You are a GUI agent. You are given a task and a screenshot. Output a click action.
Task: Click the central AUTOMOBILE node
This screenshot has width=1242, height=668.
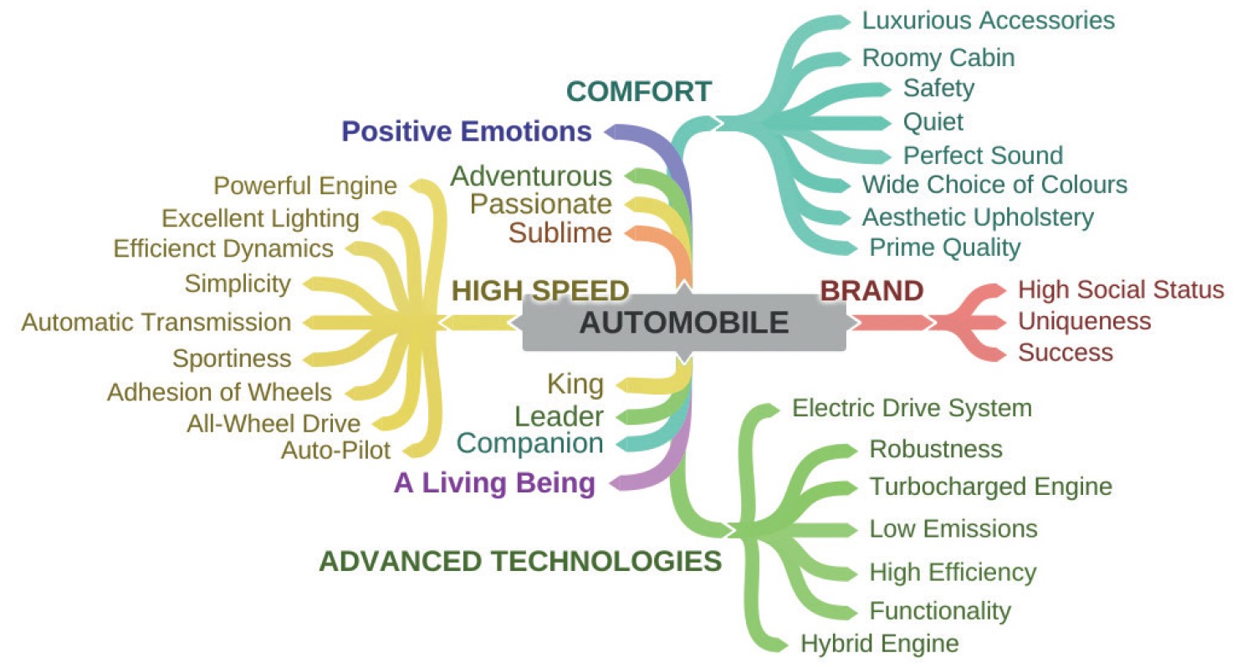[683, 323]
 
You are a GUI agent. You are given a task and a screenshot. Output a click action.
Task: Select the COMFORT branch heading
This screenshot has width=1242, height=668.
[639, 91]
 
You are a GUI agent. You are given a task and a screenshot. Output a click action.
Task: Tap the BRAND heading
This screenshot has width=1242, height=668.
[871, 291]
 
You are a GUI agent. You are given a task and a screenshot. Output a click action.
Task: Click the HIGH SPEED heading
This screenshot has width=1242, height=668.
[540, 291]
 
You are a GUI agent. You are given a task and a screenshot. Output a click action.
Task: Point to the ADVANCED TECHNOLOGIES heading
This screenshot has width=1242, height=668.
[520, 561]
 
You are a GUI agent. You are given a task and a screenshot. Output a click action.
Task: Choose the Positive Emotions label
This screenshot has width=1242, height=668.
[468, 131]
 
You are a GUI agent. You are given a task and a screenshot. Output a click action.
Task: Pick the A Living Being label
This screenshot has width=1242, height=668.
[495, 483]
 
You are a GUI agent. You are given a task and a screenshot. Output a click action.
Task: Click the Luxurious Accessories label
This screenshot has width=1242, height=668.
[989, 20]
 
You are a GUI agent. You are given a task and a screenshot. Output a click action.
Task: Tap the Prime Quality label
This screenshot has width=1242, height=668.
[945, 247]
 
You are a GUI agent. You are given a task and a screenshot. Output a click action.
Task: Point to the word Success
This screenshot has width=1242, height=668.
[1065, 352]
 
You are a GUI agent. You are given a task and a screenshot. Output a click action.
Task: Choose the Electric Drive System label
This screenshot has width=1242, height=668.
[912, 409]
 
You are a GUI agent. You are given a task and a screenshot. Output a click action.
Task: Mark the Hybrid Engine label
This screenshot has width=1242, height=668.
[879, 644]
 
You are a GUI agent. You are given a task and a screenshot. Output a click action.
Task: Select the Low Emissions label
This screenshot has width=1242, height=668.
[953, 529]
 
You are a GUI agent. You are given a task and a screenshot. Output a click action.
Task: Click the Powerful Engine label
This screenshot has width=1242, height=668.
[305, 186]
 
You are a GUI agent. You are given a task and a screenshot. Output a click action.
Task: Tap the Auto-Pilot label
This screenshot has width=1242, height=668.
[335, 451]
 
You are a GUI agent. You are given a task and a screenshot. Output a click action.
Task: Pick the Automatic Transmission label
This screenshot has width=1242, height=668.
[156, 322]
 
